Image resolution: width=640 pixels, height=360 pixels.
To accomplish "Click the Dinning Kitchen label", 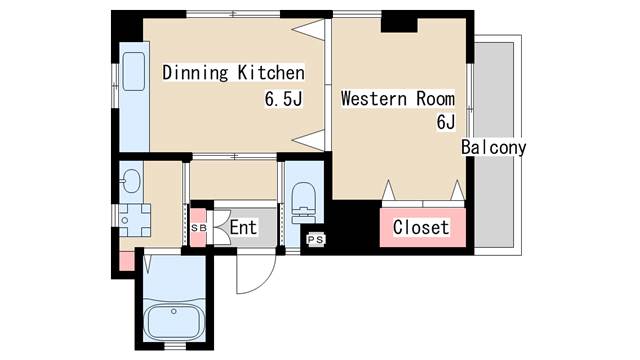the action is click(233, 73).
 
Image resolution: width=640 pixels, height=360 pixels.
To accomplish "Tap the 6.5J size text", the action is click(284, 98).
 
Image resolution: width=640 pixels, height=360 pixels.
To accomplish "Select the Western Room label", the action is click(398, 99).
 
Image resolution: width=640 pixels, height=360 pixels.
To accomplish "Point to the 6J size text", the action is click(446, 122).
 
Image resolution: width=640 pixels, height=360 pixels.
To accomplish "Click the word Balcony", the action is click(493, 147).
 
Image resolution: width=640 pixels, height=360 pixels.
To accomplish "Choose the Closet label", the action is click(421, 227).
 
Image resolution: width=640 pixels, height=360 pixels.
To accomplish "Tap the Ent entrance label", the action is click(243, 227).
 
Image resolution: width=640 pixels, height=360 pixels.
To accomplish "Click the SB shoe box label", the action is click(199, 229).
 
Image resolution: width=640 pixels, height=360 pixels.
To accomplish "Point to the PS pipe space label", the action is click(316, 240).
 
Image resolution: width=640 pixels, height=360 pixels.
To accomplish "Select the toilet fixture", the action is click(304, 203).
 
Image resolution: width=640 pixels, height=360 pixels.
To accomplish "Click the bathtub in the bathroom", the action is click(175, 320).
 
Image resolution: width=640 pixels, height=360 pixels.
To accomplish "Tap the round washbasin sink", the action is click(131, 180).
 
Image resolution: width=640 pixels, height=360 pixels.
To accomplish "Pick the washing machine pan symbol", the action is click(135, 220).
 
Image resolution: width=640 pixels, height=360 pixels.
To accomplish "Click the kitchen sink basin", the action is click(134, 71).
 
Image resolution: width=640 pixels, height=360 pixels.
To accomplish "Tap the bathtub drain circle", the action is click(174, 311).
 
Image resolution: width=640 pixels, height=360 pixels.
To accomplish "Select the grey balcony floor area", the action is click(494, 144).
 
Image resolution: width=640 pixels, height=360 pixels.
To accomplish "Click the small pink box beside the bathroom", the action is click(127, 261).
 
